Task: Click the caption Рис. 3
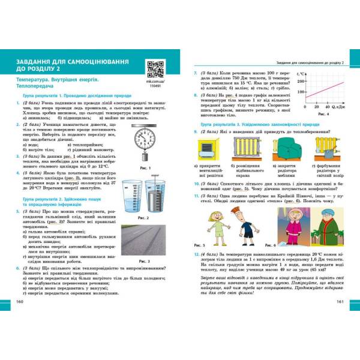pos(160,262)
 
